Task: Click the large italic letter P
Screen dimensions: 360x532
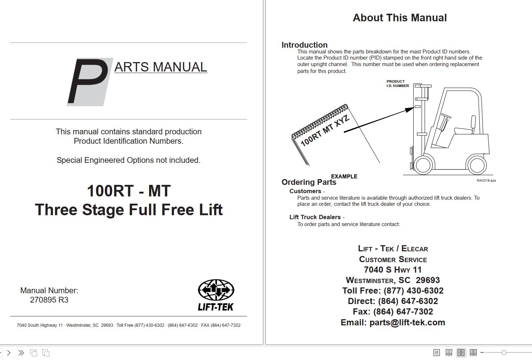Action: point(88,82)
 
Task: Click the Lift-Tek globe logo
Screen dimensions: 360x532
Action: point(216,290)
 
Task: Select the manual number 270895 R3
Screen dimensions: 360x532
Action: point(49,300)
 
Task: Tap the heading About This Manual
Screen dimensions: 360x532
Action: point(399,18)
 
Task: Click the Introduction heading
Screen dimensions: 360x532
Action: point(304,45)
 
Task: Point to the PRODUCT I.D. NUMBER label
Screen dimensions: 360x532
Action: point(398,84)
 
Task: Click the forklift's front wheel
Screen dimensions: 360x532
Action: point(423,165)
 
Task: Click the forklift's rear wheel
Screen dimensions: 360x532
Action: point(476,165)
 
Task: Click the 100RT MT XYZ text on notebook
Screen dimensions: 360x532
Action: point(325,130)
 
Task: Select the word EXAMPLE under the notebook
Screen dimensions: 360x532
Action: point(344,176)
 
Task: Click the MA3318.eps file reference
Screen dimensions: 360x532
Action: point(486,181)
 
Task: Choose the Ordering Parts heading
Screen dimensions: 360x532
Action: point(309,182)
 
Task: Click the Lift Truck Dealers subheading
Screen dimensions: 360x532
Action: point(315,217)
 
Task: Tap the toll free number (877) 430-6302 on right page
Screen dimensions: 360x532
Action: point(413,291)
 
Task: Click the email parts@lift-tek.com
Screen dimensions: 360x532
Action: point(407,322)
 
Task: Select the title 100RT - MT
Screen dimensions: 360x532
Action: point(129,191)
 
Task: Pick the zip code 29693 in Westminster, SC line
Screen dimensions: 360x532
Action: point(428,280)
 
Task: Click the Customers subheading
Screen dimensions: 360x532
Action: point(305,191)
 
